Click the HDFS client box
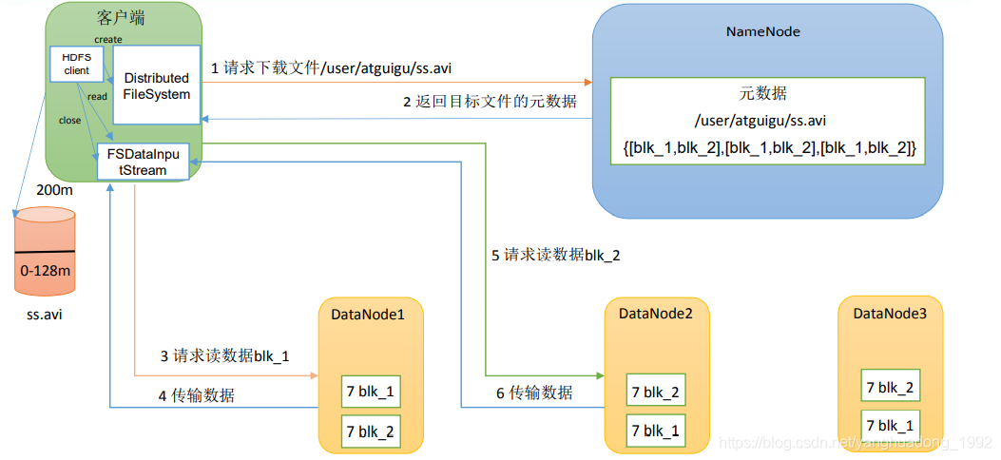[77, 64]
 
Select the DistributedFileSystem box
[157, 85]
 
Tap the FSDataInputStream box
[143, 162]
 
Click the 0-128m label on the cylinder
[46, 270]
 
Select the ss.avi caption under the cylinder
[45, 315]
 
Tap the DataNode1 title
[368, 315]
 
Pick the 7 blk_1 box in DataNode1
[371, 392]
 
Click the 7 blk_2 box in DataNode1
[371, 431]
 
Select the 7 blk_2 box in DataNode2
[656, 392]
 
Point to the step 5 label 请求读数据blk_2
[555, 256]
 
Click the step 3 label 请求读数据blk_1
[224, 356]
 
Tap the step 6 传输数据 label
[533, 393]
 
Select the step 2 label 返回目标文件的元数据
[490, 102]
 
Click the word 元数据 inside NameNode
[763, 94]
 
